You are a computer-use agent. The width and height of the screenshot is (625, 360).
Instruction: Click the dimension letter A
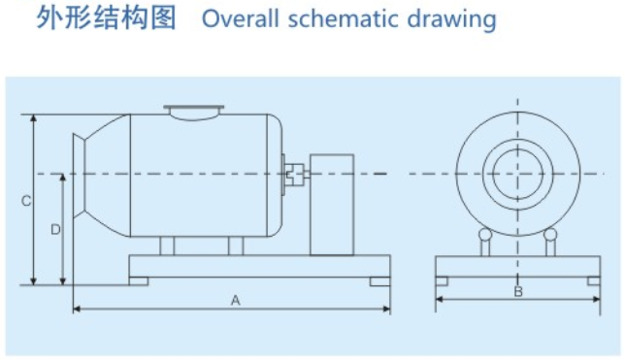click(x=236, y=300)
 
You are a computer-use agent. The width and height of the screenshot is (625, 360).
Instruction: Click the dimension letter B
click(x=518, y=292)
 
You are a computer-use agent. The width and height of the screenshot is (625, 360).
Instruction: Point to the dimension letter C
click(x=26, y=201)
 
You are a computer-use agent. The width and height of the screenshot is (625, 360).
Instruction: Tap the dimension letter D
click(x=55, y=230)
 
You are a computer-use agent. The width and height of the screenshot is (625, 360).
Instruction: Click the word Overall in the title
click(x=241, y=18)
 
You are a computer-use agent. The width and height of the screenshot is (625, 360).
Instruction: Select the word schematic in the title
click(x=344, y=18)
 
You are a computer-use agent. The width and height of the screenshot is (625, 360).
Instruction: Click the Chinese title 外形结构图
click(x=106, y=17)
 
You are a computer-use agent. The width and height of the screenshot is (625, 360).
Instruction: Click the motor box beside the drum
click(x=332, y=205)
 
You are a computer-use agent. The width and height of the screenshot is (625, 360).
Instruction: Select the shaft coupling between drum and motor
click(x=296, y=175)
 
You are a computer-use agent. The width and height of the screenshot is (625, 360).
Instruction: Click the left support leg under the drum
click(x=167, y=245)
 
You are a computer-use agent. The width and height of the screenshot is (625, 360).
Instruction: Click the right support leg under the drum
click(x=236, y=245)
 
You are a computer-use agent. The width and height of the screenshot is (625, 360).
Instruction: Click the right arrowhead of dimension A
click(x=386, y=309)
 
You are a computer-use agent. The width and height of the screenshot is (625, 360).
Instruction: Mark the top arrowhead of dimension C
click(x=34, y=118)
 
